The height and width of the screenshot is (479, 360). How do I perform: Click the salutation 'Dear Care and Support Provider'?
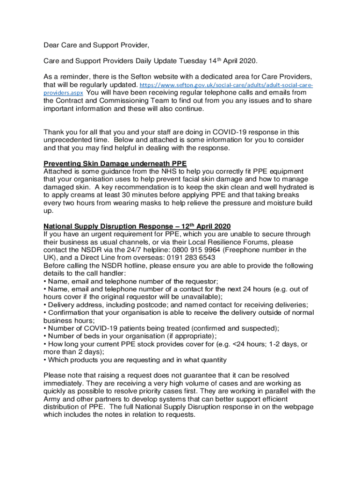[96, 45]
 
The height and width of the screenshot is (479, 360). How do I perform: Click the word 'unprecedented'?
[66, 140]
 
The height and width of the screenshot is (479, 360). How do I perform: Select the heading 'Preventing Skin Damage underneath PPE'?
[115, 164]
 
